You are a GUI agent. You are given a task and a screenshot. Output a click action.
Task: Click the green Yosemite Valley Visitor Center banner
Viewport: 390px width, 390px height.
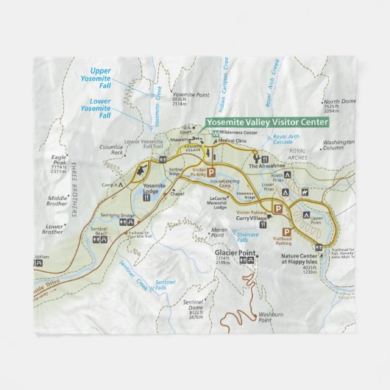[266, 123]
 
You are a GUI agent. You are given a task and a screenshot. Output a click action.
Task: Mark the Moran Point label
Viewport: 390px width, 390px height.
[219, 233]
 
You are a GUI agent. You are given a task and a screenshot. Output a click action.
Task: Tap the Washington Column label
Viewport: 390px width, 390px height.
[338, 144]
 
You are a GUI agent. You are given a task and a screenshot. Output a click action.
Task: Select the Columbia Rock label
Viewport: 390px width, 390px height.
[113, 150]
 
